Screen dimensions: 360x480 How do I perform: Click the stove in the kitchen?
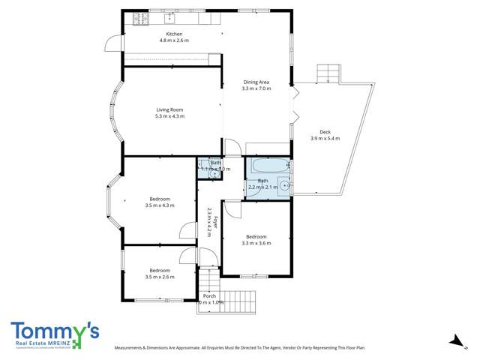pos(139,19)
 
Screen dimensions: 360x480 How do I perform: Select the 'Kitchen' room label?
pos(174,34)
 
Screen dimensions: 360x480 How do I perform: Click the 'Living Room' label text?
pos(169,110)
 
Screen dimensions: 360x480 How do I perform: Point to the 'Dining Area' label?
pos(256,82)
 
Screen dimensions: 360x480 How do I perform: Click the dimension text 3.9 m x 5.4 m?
pos(325,138)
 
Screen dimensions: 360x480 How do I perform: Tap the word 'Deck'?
pos(325,131)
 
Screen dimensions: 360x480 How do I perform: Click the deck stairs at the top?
pos(329,73)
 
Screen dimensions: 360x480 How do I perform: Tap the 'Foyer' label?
pos(215,222)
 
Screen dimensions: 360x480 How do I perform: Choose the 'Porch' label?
pos(209,296)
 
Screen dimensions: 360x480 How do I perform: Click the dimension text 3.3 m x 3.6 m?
pos(256,243)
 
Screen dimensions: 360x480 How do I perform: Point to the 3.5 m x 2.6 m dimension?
pos(159,277)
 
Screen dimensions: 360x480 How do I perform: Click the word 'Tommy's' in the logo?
pos(55,331)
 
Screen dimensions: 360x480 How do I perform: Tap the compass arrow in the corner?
pos(454,341)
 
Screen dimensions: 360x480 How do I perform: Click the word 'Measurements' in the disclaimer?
pos(132,348)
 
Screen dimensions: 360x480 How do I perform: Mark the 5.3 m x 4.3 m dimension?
pos(169,117)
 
